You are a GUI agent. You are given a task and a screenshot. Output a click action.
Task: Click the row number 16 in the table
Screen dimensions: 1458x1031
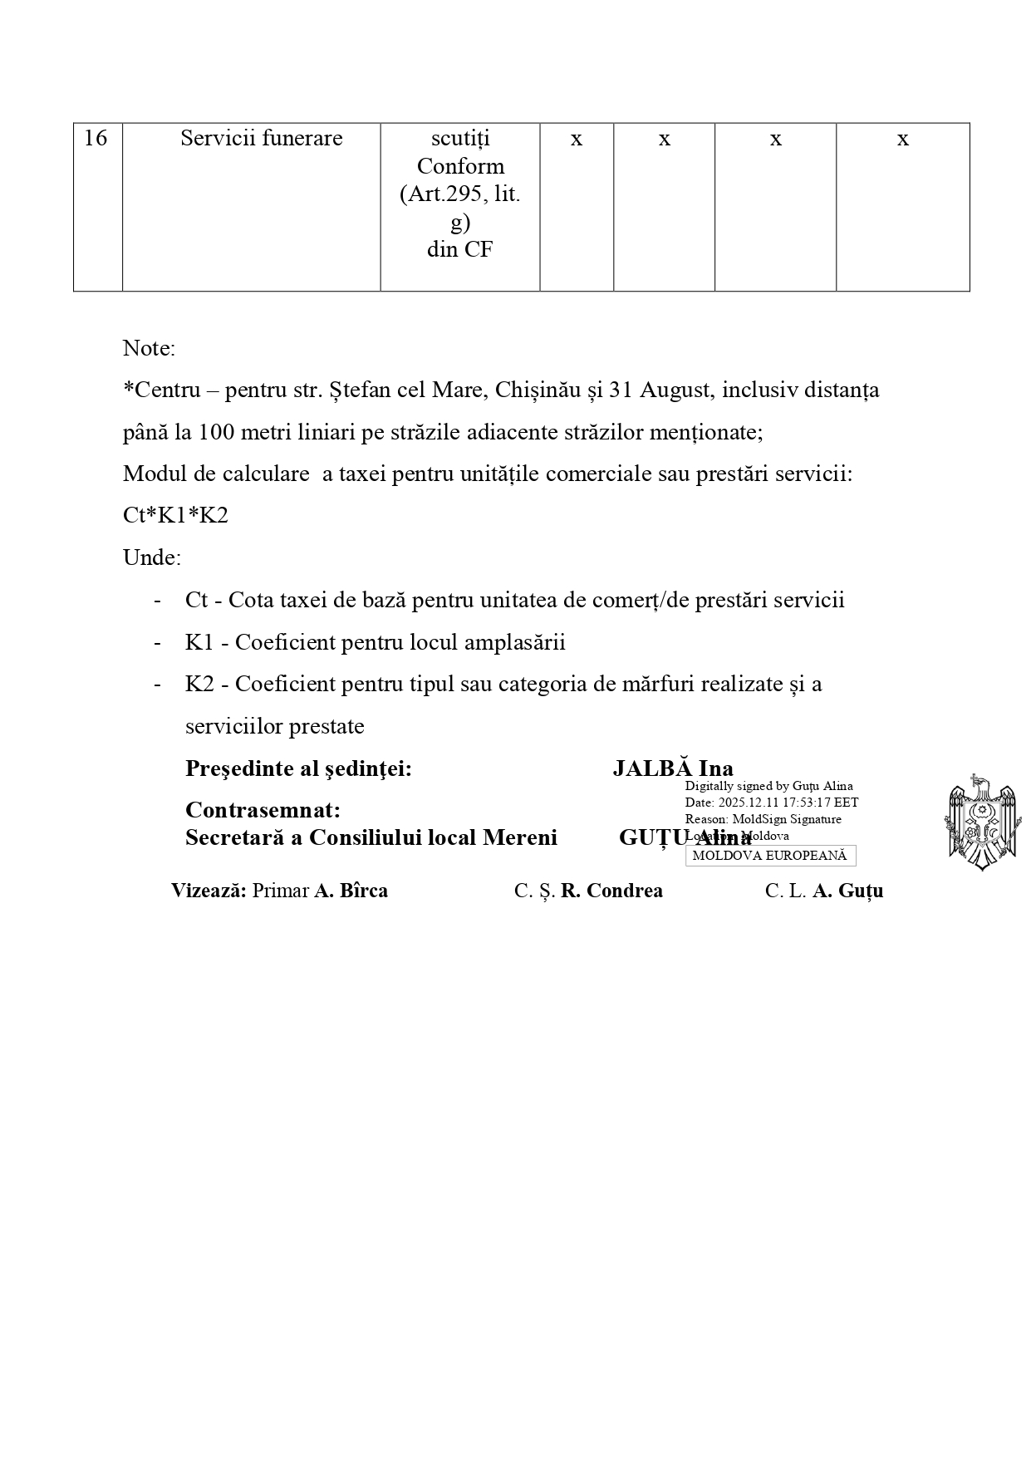tap(96, 138)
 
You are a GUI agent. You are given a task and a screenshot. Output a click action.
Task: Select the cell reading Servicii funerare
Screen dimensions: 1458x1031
tap(261, 138)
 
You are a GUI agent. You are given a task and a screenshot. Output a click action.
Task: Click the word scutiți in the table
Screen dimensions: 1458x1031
tap(460, 138)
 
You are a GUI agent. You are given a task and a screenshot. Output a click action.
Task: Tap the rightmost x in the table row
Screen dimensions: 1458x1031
tap(902, 139)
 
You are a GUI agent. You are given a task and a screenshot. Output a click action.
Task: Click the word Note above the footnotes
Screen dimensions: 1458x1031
tap(149, 348)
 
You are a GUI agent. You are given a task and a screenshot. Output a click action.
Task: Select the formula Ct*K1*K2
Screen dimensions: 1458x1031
tap(175, 516)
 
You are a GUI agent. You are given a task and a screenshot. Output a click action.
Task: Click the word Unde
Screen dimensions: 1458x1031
tap(151, 557)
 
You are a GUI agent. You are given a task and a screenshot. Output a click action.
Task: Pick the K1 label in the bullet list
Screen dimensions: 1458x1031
tap(199, 642)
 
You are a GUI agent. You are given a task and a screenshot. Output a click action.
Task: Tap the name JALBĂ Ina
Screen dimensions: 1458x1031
tap(672, 768)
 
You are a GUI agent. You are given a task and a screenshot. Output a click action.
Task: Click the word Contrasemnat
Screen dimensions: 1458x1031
tap(263, 810)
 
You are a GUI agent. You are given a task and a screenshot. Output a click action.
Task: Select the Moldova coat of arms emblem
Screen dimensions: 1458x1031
tap(981, 822)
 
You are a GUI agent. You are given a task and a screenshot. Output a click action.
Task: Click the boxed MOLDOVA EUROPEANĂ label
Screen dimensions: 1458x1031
tap(769, 856)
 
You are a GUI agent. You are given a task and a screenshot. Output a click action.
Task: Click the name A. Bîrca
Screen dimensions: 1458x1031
tap(351, 891)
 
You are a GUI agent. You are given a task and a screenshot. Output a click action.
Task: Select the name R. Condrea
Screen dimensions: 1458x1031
tap(611, 891)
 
